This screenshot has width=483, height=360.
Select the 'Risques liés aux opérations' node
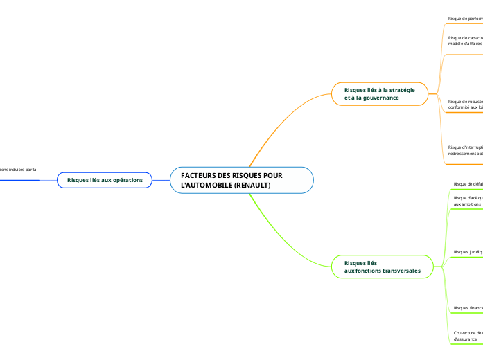(105, 180)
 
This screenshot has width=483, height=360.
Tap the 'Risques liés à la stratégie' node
(379, 94)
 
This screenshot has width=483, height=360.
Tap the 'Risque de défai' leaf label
(468, 184)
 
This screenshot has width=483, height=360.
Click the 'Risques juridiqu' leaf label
(468, 252)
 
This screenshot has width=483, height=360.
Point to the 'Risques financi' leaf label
(468, 307)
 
